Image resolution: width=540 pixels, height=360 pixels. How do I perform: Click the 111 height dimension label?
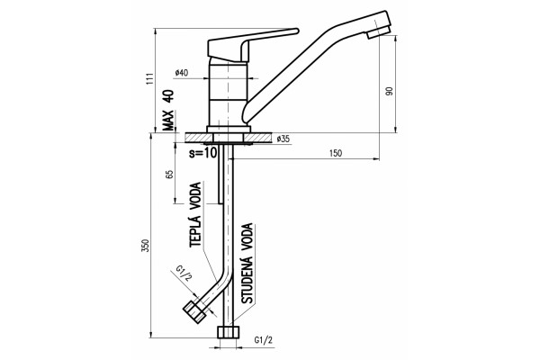[x=149, y=79]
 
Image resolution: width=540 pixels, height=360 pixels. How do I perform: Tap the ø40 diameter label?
[x=182, y=73]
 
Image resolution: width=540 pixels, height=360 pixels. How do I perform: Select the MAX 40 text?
[x=169, y=110]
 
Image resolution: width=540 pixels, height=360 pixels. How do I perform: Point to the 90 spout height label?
[x=390, y=91]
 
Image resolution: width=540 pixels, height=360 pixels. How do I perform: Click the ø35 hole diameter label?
[x=283, y=139]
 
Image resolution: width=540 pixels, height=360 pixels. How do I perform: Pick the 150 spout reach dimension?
[x=336, y=153]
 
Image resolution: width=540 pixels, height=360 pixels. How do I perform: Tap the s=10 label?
[x=203, y=152]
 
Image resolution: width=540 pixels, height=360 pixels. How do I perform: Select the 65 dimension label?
[x=169, y=175]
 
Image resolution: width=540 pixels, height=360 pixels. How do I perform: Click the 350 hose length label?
[x=146, y=245]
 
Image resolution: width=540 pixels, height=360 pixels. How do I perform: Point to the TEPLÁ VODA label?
[x=195, y=214]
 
